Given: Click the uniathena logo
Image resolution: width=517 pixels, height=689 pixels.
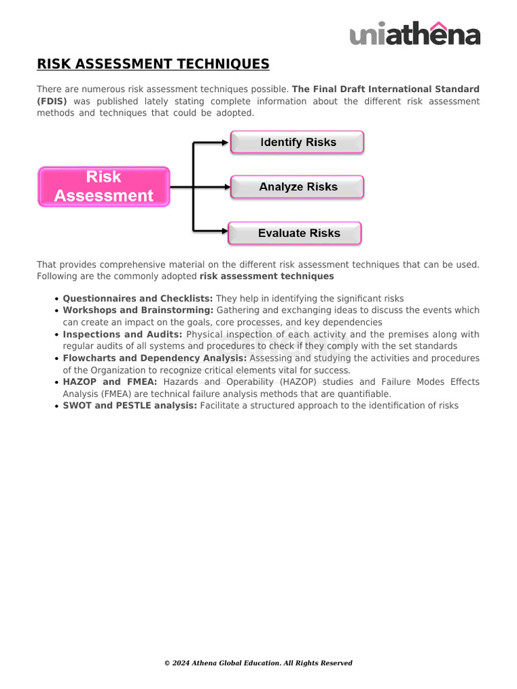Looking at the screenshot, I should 415,34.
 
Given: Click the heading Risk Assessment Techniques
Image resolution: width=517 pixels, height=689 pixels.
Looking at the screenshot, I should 153,65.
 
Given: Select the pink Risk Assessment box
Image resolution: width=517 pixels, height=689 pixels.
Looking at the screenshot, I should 104,186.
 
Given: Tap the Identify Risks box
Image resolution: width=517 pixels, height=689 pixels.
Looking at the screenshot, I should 298,143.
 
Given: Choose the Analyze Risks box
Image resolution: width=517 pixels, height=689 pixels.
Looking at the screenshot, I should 298,187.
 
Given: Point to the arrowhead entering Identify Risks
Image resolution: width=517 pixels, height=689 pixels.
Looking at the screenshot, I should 225,143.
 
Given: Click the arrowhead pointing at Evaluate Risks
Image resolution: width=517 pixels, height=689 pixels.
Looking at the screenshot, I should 223,231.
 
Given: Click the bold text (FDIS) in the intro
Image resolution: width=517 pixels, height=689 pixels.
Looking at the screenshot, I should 52,101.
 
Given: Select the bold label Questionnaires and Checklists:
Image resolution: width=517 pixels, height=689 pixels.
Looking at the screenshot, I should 137,298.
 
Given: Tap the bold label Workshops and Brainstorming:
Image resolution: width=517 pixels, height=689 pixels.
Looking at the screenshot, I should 138,310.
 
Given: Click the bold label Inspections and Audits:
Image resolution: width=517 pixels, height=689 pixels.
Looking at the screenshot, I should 123,334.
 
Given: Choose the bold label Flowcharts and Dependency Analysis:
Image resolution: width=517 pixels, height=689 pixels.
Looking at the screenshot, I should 155,358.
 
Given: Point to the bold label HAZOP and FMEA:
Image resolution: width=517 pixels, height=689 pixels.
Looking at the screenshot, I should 110,382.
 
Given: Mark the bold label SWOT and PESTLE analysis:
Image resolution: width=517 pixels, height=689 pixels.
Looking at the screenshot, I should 130,406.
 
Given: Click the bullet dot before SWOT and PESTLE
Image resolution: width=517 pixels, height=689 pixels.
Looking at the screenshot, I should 57,406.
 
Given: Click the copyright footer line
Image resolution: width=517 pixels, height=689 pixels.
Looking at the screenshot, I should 258,663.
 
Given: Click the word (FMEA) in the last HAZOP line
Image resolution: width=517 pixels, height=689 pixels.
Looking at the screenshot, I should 96,394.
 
